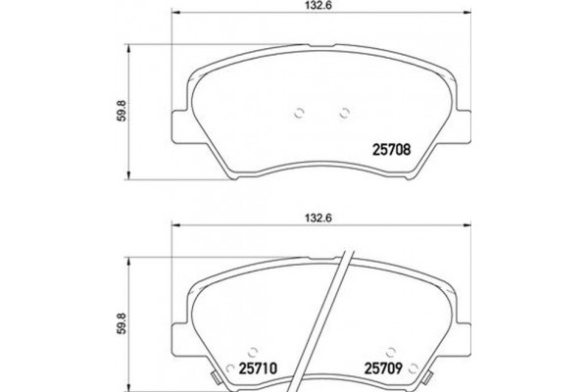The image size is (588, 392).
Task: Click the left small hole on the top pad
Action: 298,112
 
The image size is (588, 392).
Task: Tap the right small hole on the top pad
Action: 344,112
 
